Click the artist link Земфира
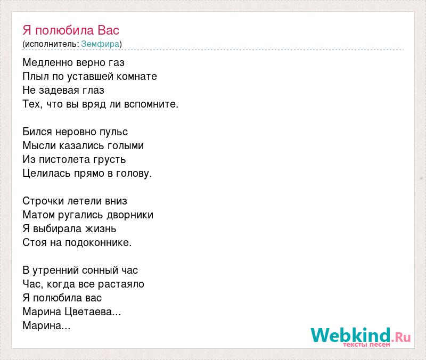tap(100, 44)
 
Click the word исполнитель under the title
tap(51, 44)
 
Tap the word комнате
tap(137, 76)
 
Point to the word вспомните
tap(150, 104)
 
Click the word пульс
tap(113, 132)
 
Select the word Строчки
tap(44, 201)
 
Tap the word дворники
tap(130, 215)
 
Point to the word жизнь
tap(101, 229)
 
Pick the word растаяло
tap(121, 284)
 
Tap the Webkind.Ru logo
tap(361, 336)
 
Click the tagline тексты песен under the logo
tap(366, 345)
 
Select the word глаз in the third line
tap(93, 90)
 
